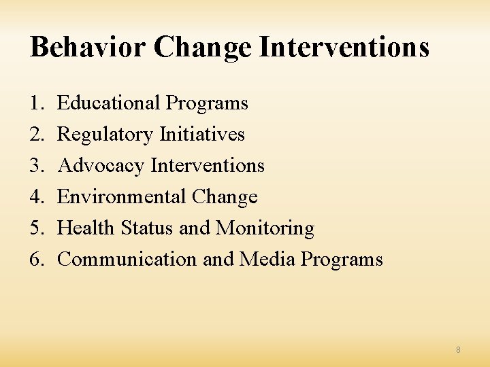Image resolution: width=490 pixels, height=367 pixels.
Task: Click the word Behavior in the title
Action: coord(88,48)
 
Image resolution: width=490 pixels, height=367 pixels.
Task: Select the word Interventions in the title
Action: coord(346,48)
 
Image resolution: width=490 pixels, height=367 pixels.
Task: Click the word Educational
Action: coord(109,103)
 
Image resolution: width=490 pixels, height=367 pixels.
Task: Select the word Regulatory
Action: coord(105,135)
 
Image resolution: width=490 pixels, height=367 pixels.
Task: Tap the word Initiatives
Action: coord(202,135)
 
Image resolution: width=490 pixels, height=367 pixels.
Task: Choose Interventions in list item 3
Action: coord(208,166)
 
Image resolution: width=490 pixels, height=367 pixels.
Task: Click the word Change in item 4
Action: coord(225,197)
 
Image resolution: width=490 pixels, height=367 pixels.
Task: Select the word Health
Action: coord(86,228)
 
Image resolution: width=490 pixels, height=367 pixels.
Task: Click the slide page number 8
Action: coord(458,349)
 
